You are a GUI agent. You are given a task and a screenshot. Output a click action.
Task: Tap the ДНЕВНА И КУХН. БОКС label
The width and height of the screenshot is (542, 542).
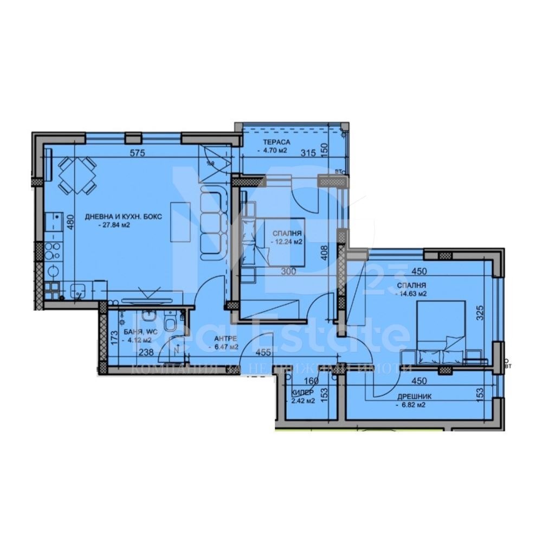(124, 217)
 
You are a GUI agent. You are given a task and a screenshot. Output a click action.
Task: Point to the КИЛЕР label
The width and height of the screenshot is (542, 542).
(302, 392)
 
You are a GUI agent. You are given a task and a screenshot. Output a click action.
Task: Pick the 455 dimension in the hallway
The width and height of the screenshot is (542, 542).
(263, 352)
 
